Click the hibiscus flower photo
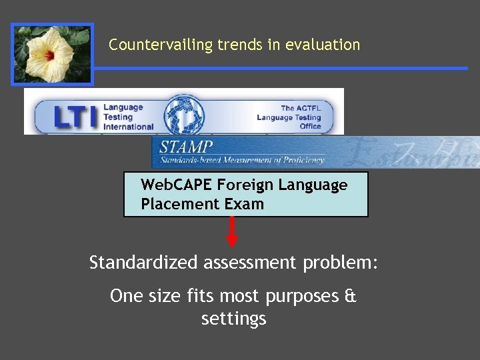tap(52, 55)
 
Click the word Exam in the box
tap(243, 204)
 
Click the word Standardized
tap(143, 263)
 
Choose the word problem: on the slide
tap(340, 263)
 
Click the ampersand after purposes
tap(351, 295)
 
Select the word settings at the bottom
tap(233, 319)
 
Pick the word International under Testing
tap(128, 127)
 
